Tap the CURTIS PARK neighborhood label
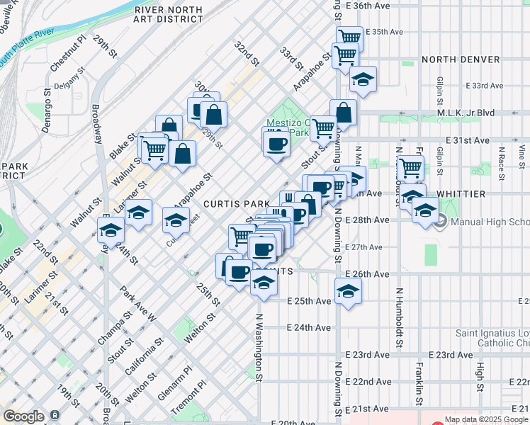tap(237, 203)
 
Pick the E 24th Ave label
tap(309, 327)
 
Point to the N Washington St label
tap(259, 347)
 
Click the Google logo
tap(23, 416)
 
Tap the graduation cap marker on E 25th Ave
tap(348, 291)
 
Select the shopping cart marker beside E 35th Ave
tap(349, 37)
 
